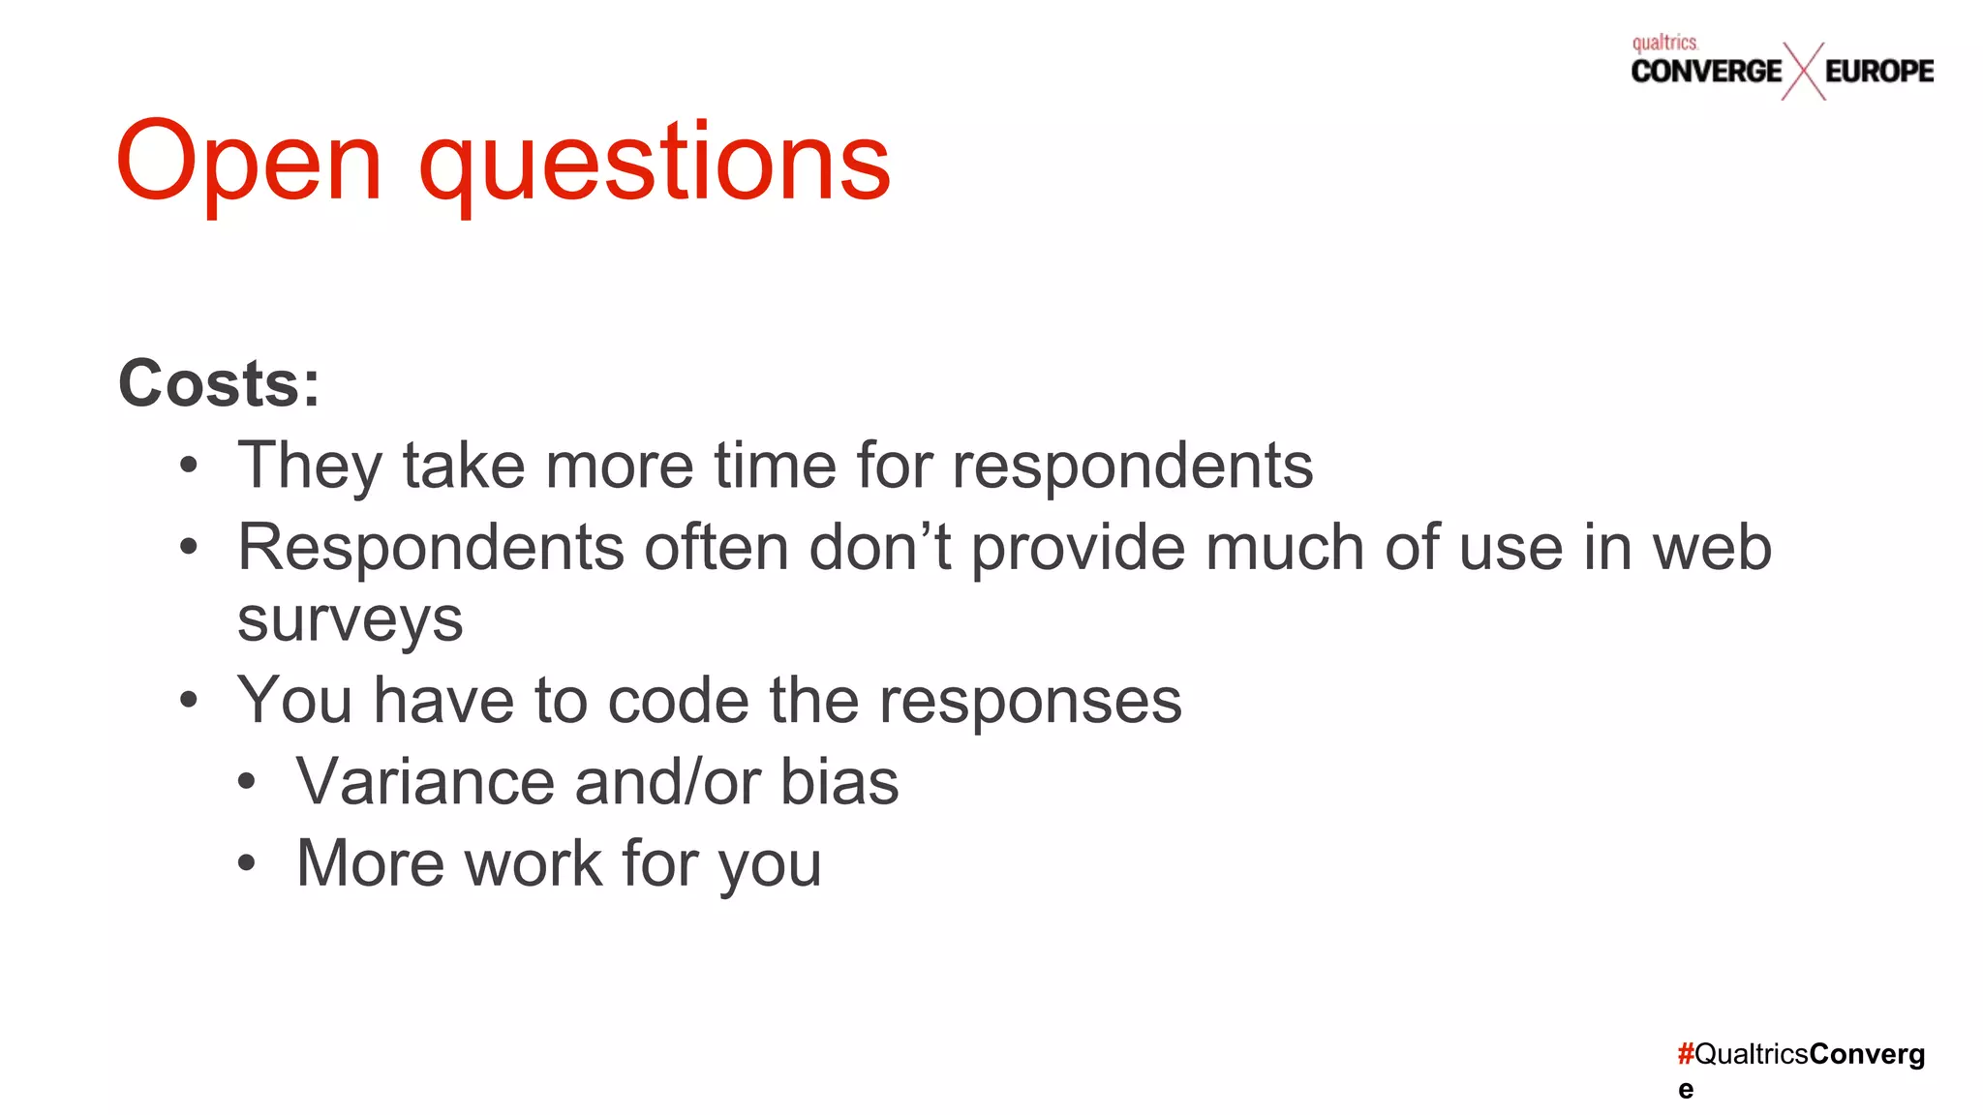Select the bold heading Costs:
[x=219, y=384]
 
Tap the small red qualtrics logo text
[x=1664, y=43]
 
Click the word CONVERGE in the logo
[x=1706, y=71]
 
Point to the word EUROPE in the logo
[x=1879, y=71]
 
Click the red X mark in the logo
[x=1803, y=72]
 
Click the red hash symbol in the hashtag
[x=1686, y=1053]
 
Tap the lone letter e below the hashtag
[x=1686, y=1090]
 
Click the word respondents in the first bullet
[x=1133, y=467]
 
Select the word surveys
[x=351, y=620]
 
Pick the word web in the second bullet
[x=1712, y=548]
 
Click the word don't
[x=880, y=548]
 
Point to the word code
[x=678, y=701]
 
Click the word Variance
[x=425, y=782]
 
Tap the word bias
[x=839, y=782]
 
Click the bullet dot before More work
[x=247, y=862]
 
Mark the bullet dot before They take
[x=189, y=466]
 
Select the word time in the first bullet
[x=775, y=467]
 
